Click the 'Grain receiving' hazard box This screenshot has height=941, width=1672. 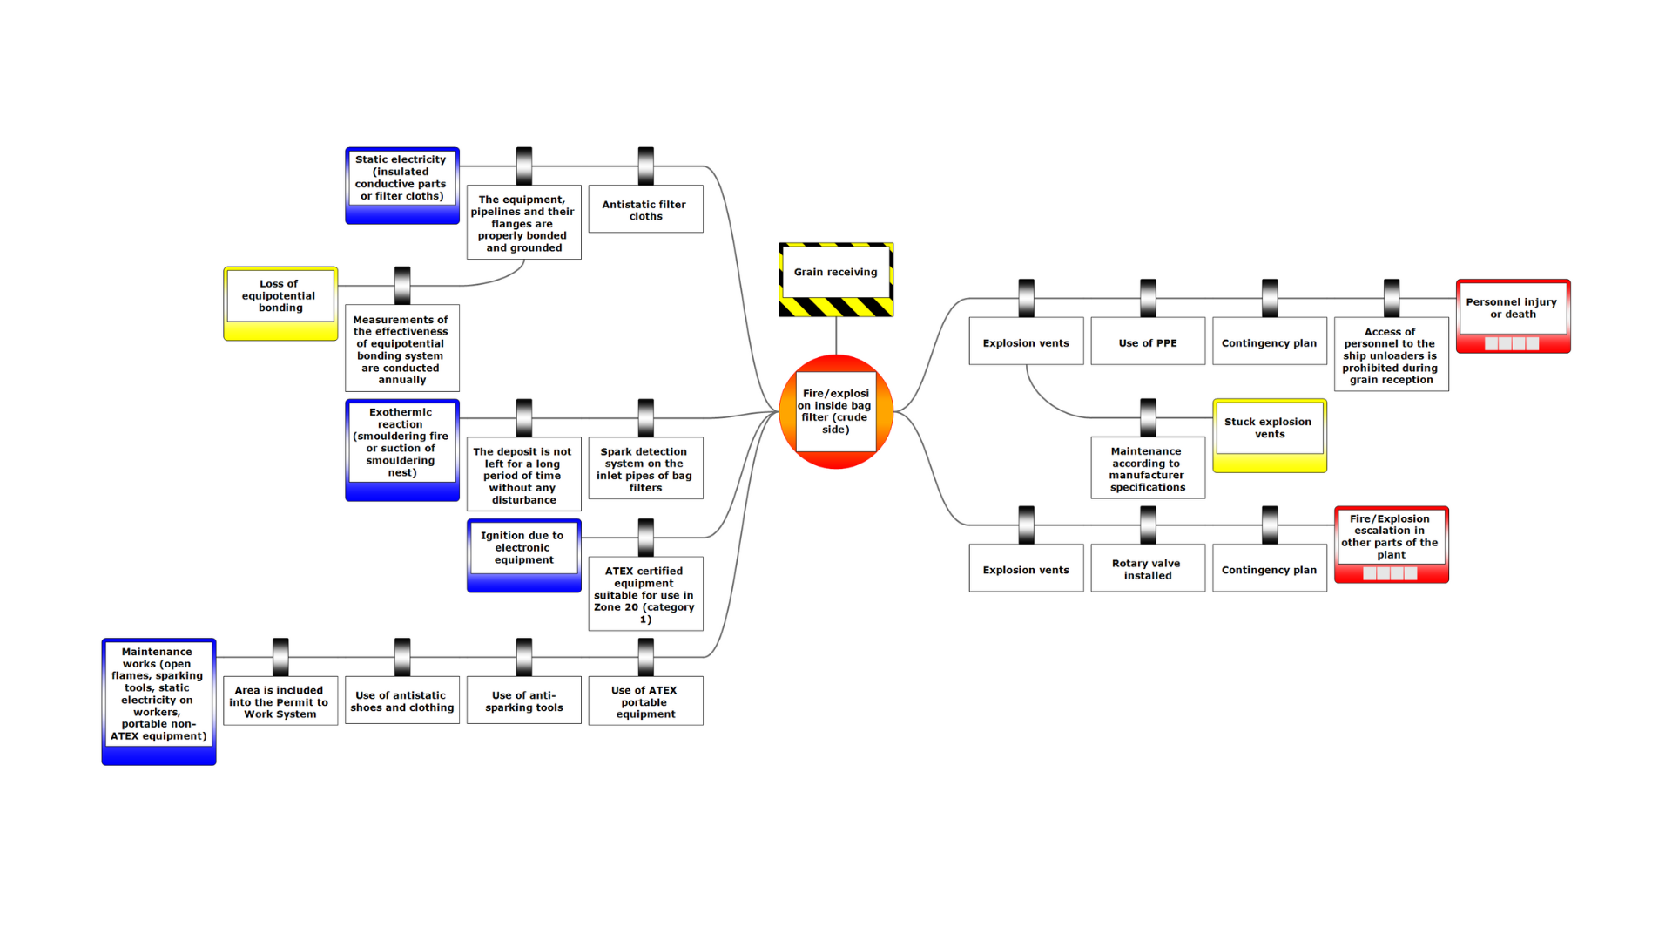pyautogui.click(x=835, y=279)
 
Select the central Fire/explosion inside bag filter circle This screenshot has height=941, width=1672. pyautogui.click(x=835, y=411)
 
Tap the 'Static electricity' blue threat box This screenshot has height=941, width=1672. pyautogui.click(x=401, y=185)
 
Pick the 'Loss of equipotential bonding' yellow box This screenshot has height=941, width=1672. pyautogui.click(x=280, y=302)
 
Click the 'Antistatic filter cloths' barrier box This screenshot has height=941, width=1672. pyautogui.click(x=645, y=209)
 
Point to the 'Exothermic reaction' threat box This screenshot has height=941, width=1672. pyautogui.click(x=401, y=449)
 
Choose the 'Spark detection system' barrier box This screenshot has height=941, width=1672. pyautogui.click(x=645, y=469)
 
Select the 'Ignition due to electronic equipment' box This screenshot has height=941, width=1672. pyautogui.click(x=523, y=554)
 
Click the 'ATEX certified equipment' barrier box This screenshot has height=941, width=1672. pyautogui.click(x=645, y=594)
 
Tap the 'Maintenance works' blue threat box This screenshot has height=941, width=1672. pyautogui.click(x=158, y=701)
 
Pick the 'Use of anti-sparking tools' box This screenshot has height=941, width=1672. pyautogui.click(x=523, y=701)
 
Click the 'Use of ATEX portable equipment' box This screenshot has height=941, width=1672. pyautogui.click(x=645, y=701)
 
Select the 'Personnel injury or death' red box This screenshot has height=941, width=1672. pyautogui.click(x=1513, y=315)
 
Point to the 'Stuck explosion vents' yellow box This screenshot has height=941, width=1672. pyautogui.click(x=1269, y=435)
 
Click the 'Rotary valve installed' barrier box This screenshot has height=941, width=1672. pyautogui.click(x=1148, y=568)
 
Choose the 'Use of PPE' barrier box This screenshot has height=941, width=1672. pyautogui.click(x=1148, y=342)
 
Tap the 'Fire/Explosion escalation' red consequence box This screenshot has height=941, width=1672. pyautogui.click(x=1391, y=544)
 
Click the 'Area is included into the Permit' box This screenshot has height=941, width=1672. pyautogui.click(x=280, y=701)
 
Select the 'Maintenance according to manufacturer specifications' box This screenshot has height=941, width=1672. pyautogui.click(x=1148, y=468)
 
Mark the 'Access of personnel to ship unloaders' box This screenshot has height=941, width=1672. pyautogui.click(x=1391, y=355)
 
